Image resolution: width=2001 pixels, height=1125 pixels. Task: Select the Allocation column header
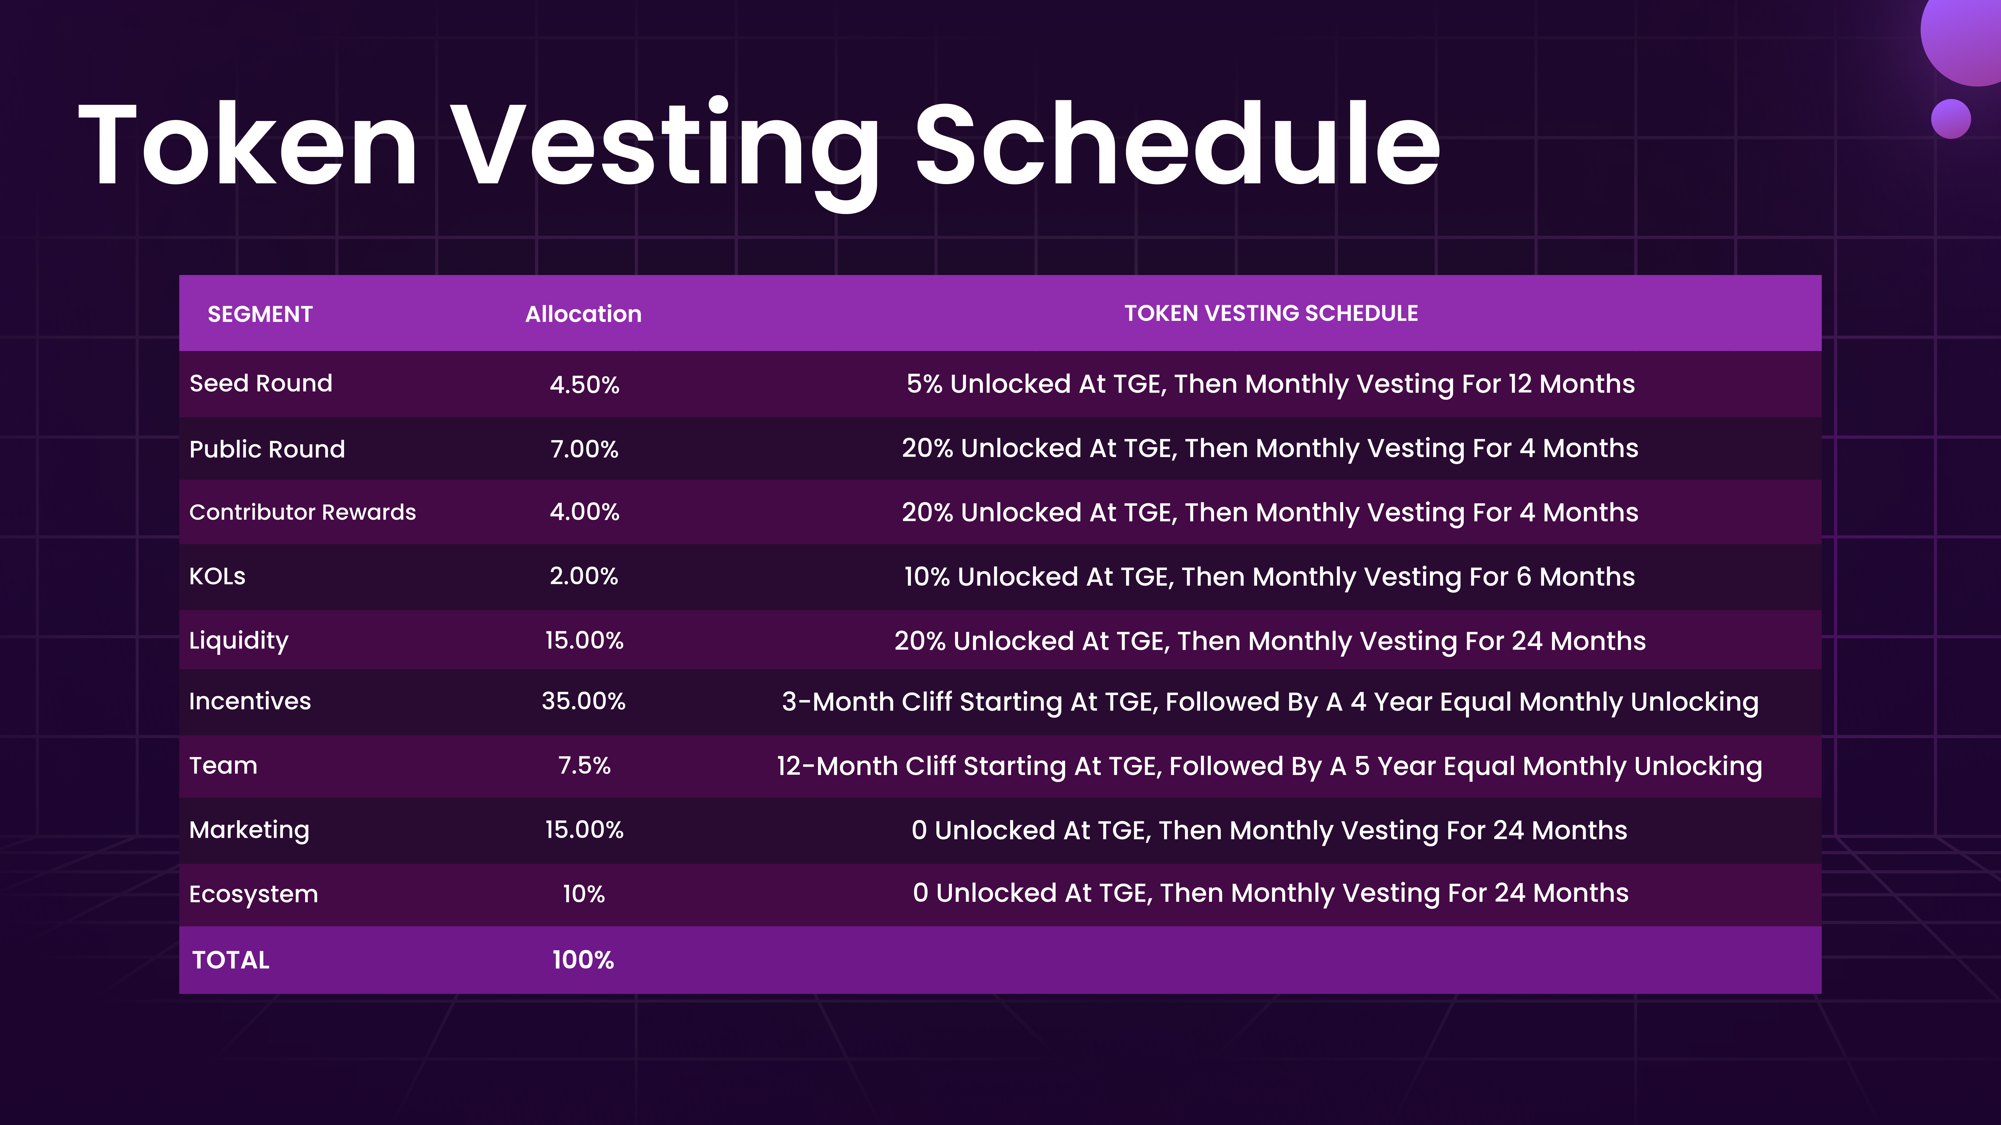click(x=583, y=314)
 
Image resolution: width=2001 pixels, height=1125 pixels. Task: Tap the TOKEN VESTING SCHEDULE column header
click(x=1271, y=313)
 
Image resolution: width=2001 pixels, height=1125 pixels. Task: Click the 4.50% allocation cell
click(x=584, y=384)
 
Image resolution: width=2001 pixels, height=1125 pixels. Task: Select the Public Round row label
click(x=267, y=449)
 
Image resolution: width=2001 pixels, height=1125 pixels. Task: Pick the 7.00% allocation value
click(x=584, y=449)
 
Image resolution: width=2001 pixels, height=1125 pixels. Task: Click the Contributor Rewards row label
click(x=303, y=512)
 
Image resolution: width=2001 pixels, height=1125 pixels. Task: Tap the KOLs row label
click(x=218, y=576)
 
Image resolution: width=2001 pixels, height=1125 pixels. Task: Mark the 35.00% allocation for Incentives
click(x=583, y=701)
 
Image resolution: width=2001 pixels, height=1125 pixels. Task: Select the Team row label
click(x=223, y=766)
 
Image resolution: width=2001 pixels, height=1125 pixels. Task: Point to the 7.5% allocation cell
click(x=584, y=766)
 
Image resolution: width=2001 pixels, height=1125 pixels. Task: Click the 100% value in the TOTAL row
click(x=583, y=960)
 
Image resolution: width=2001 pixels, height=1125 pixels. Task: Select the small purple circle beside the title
click(x=1950, y=119)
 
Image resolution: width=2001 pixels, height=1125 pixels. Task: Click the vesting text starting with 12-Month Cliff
click(x=1269, y=766)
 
